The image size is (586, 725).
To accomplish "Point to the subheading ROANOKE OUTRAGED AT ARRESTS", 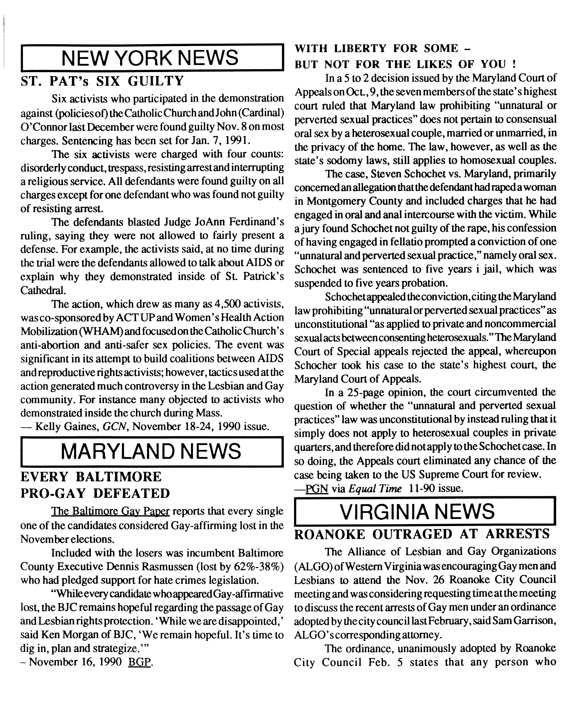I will pyautogui.click(x=422, y=534).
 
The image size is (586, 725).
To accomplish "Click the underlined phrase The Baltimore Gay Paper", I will pyautogui.click(x=110, y=512).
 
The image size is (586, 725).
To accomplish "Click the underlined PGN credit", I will pyautogui.click(x=317, y=489).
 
